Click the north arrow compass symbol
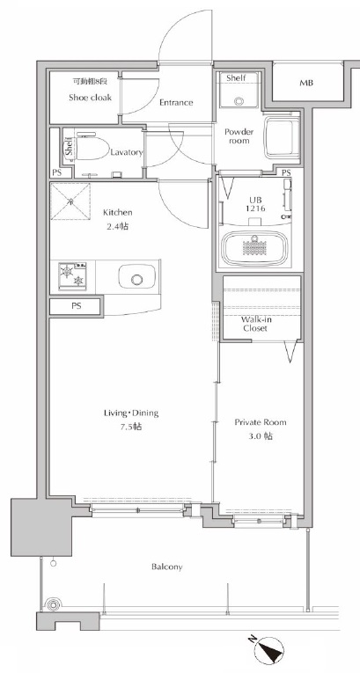pos(269,649)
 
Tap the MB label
pos(306,83)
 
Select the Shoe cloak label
pos(90,98)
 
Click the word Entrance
pos(176,103)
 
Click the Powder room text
pos(239,136)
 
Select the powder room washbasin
pos(283,138)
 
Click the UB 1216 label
pos(255,204)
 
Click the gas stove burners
pos(72,276)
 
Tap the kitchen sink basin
pos(137,279)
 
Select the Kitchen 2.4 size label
pos(117,219)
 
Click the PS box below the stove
pos(76,306)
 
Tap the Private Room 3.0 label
pos(261,428)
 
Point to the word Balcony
pos(166,567)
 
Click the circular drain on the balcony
pos(53,604)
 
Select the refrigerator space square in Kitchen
pos(71,201)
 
